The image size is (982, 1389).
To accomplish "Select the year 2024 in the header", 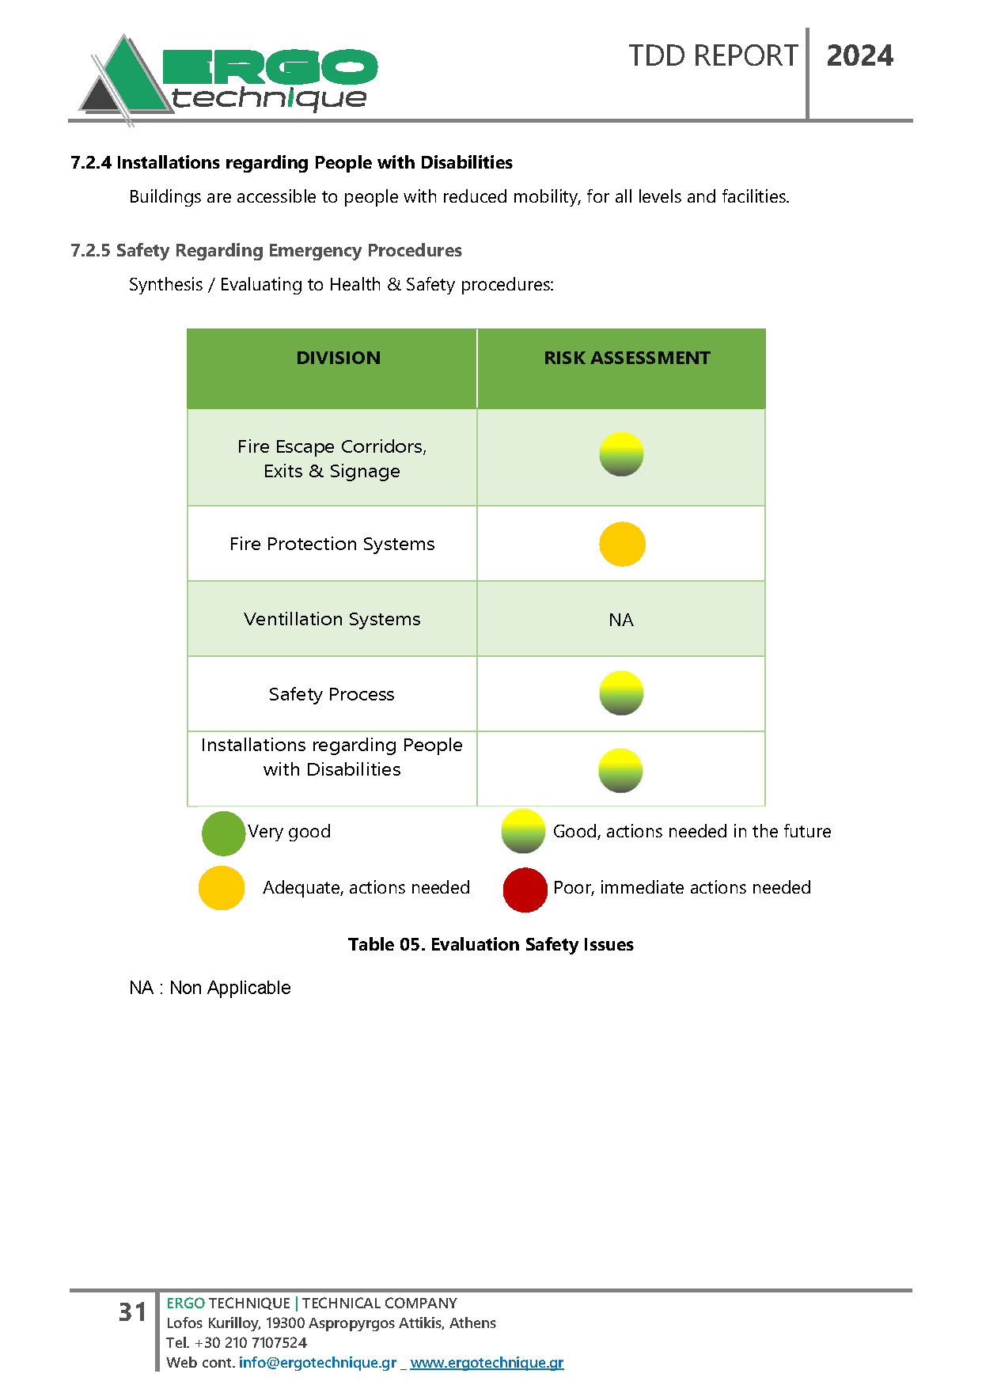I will tap(859, 56).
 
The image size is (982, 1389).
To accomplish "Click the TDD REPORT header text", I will tap(713, 56).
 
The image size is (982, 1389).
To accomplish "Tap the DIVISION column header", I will tap(338, 358).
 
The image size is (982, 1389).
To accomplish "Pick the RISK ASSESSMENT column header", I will tap(627, 358).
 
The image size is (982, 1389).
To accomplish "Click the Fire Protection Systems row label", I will tap(332, 544).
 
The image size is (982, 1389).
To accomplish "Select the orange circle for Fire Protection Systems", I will tap(622, 544).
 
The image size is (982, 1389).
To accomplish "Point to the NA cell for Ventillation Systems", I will tap(621, 620).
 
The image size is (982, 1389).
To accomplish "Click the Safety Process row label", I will tap(332, 694).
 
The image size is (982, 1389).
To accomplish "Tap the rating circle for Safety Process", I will tap(621, 693).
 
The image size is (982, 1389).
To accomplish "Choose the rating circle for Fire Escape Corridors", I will tap(621, 454).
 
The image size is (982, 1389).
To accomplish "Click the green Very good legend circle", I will tap(223, 833).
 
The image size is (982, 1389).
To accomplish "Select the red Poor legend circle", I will tap(525, 890).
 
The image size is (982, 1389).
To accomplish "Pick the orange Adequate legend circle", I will tap(222, 888).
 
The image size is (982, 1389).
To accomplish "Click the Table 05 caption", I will tap(491, 944).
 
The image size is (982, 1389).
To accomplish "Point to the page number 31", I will tap(132, 1312).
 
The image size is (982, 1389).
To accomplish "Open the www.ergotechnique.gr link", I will tap(487, 1362).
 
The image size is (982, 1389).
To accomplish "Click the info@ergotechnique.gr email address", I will tap(317, 1362).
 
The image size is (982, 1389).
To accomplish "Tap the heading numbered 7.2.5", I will tap(266, 250).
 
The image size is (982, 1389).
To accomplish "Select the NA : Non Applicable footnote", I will tap(210, 988).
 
